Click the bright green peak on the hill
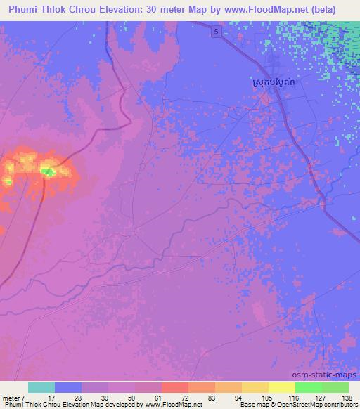click(47, 171)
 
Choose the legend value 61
click(166, 397)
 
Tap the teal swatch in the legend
click(41, 387)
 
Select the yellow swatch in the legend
click(281, 387)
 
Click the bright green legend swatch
click(308, 387)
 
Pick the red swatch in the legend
click(174, 387)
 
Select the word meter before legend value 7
click(11, 397)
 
